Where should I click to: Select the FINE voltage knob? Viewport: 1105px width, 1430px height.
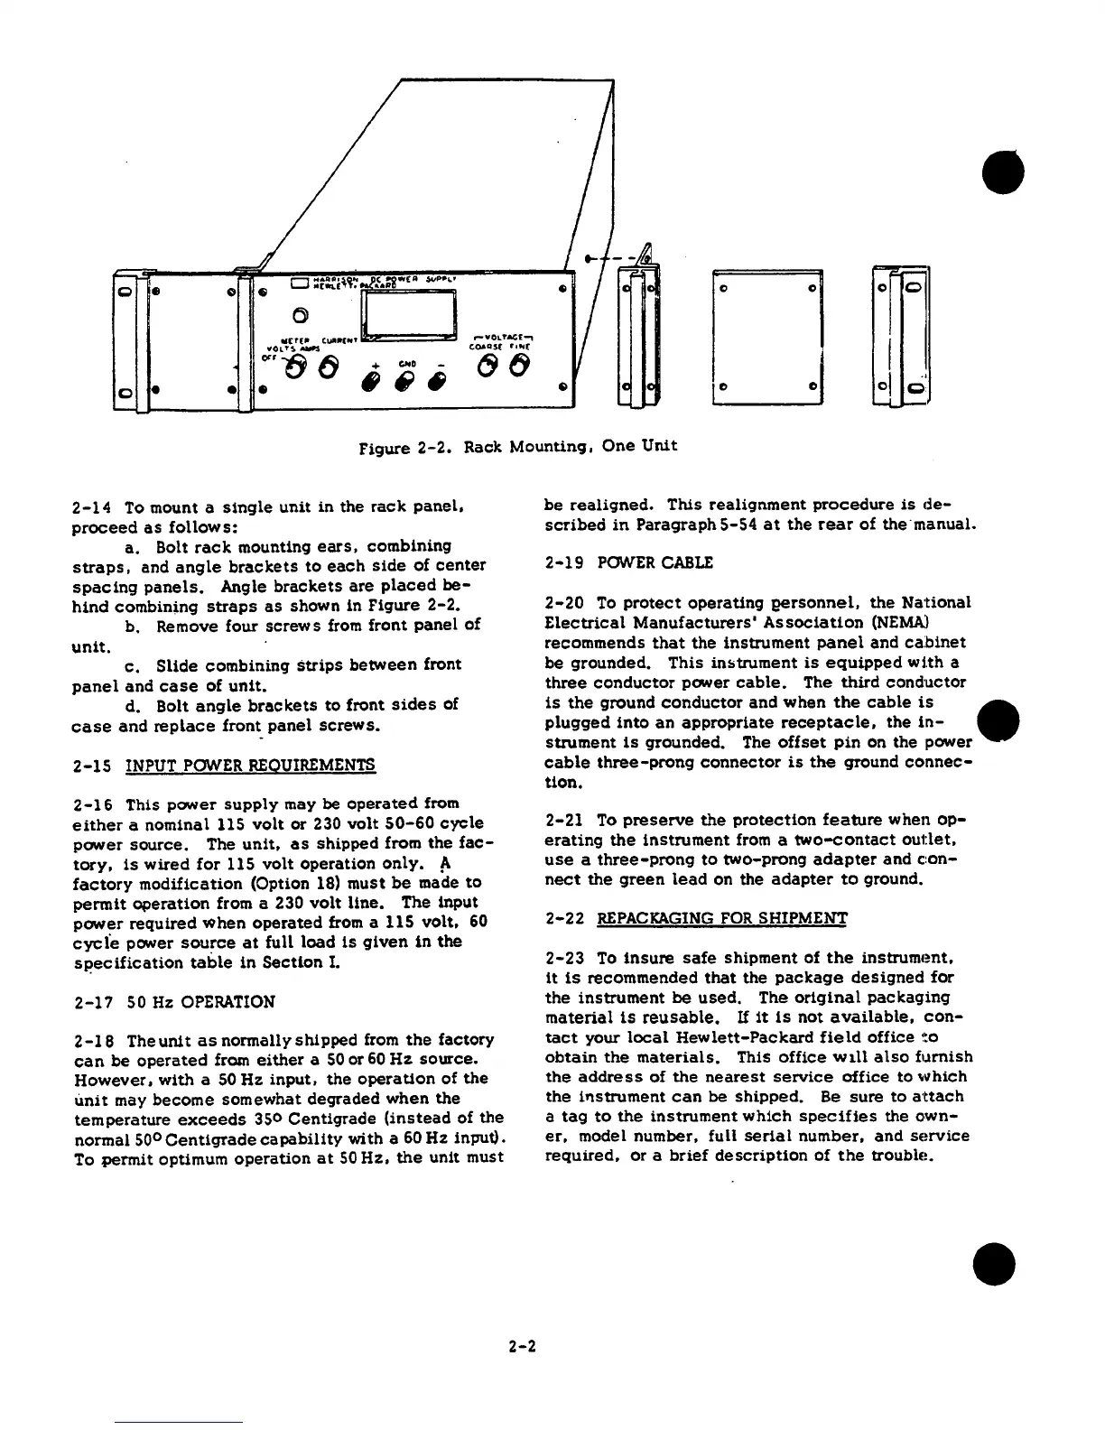point(519,367)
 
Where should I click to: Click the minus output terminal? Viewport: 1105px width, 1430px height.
point(438,381)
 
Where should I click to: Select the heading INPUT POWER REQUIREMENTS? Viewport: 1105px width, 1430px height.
point(250,766)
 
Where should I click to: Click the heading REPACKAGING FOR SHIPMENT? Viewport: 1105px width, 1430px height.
point(721,919)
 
